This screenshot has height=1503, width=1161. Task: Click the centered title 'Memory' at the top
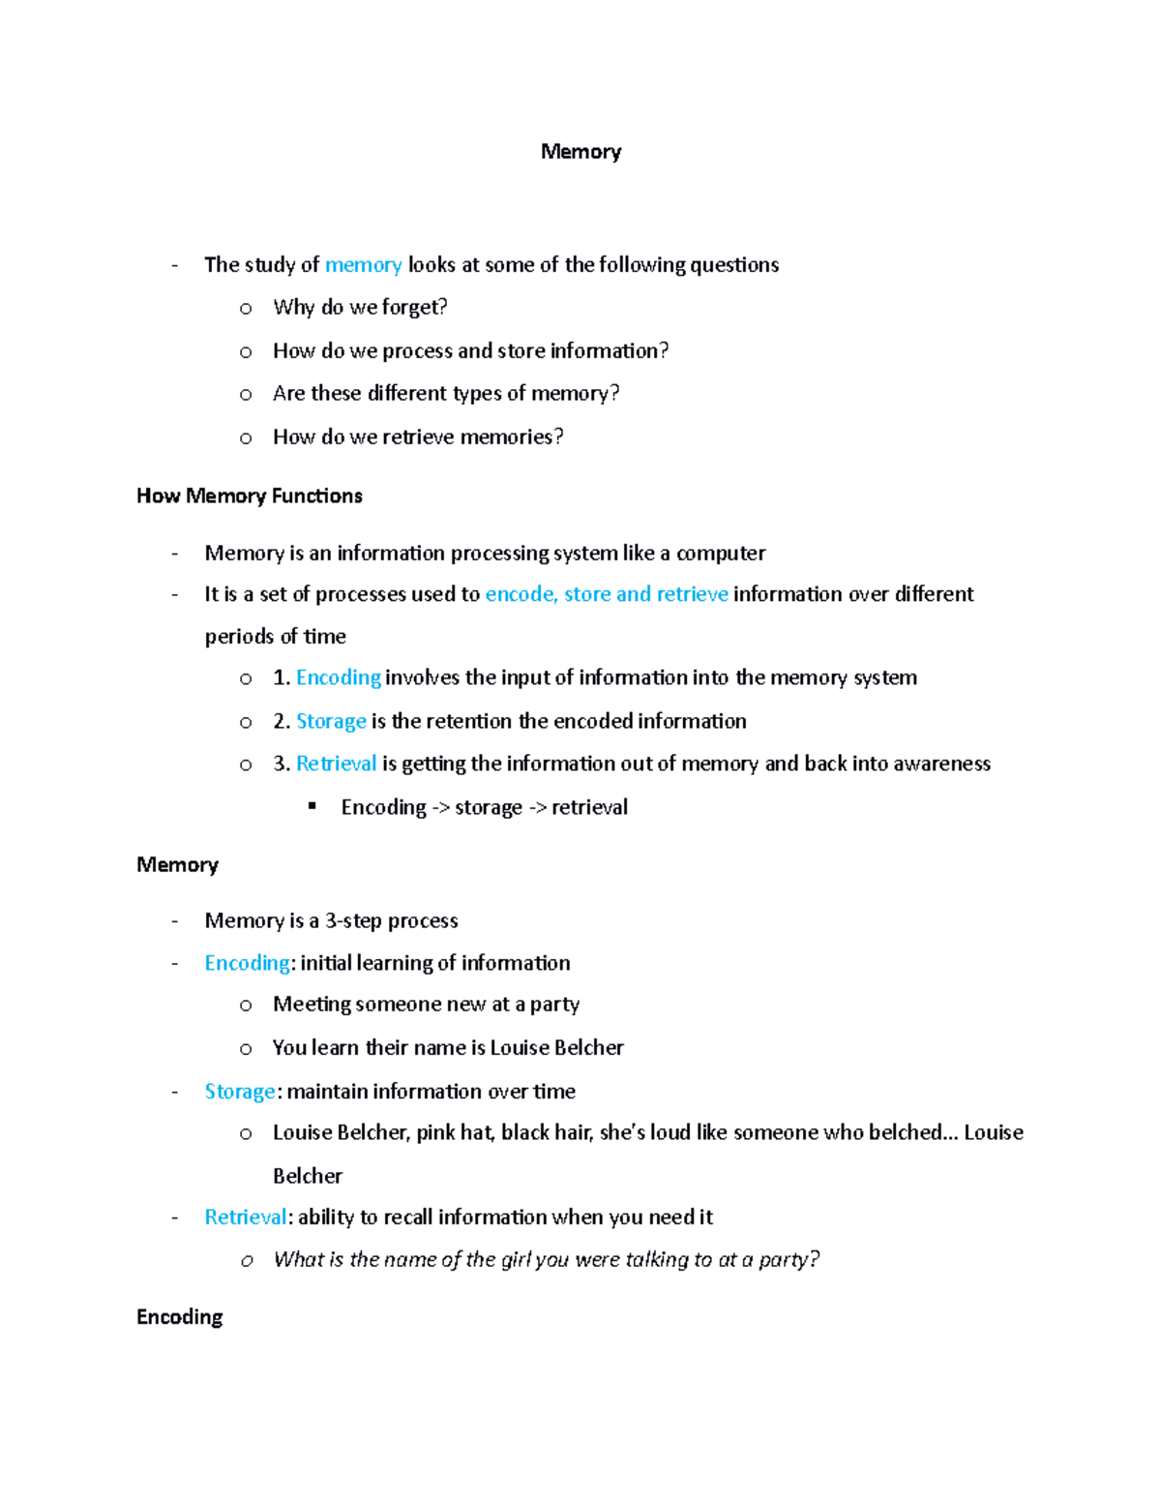coord(580,152)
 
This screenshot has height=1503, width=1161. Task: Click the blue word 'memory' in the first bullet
coord(363,265)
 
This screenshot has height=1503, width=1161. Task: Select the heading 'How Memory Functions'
coord(250,496)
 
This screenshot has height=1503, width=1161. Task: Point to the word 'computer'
coord(721,554)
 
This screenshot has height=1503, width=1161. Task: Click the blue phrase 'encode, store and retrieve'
coord(606,594)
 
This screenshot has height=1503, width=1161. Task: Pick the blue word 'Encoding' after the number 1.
coord(338,677)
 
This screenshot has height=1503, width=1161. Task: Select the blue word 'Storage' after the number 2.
coord(331,721)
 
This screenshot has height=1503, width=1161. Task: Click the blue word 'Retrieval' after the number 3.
coord(336,764)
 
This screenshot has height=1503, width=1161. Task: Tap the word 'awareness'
coord(941,764)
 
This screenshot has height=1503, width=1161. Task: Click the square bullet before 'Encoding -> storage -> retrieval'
coord(313,806)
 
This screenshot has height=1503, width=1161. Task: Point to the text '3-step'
coord(353,920)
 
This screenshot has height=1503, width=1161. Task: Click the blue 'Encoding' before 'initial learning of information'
coord(247,963)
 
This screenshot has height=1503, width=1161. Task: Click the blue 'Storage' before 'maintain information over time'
coord(240,1092)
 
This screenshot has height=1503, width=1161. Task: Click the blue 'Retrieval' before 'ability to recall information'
coord(245,1217)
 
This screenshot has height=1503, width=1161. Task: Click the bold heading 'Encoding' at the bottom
coord(180,1317)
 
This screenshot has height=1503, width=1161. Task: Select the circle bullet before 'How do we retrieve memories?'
coord(246,438)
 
